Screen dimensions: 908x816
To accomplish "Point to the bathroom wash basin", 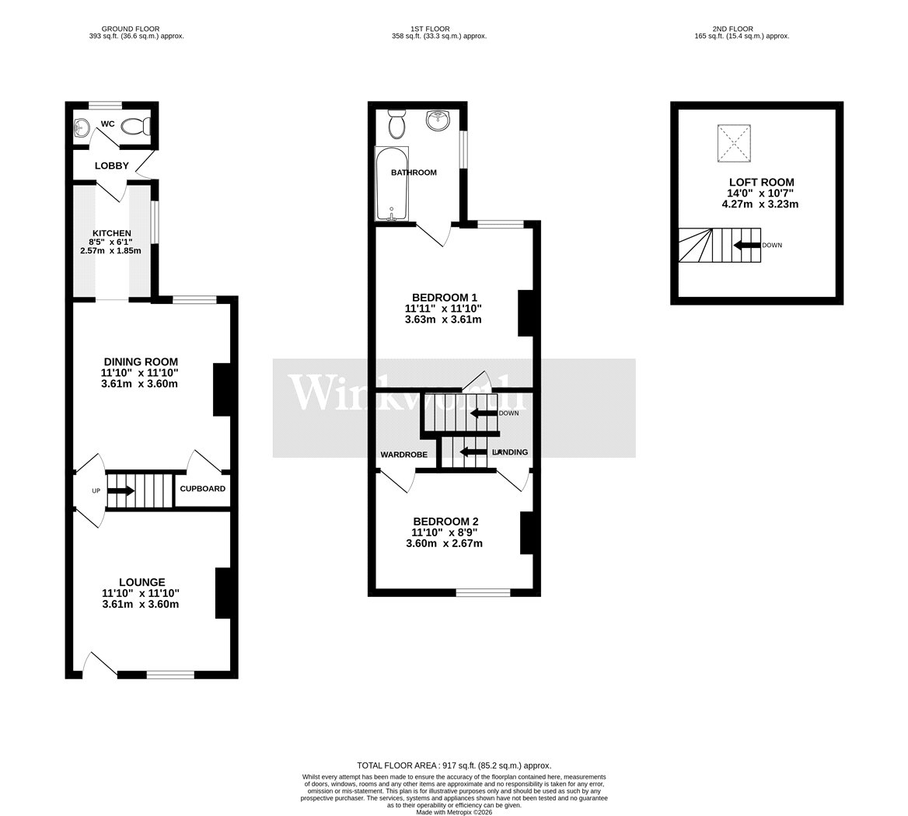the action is (438, 120).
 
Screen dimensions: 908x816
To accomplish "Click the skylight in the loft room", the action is (735, 144).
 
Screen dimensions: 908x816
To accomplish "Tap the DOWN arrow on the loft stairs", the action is (746, 245).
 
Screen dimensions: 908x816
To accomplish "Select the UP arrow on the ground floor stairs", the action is (121, 491).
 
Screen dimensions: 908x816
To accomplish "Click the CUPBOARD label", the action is (203, 489).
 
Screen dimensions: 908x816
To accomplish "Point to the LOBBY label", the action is (112, 166).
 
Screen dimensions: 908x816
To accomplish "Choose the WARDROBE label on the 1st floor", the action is (404, 455).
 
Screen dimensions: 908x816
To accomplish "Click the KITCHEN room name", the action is (112, 233).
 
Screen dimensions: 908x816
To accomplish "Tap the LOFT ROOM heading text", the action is (762, 183).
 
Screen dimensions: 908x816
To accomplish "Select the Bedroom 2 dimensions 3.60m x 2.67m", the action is (444, 543).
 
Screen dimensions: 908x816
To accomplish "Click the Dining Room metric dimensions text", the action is (140, 384).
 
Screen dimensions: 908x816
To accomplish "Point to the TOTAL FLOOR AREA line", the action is (454, 765).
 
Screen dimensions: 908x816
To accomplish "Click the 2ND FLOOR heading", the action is (733, 28).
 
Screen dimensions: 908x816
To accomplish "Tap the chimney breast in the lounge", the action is (223, 594).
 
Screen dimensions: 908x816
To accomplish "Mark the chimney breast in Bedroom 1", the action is (525, 313).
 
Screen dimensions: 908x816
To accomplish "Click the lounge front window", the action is (170, 675).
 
